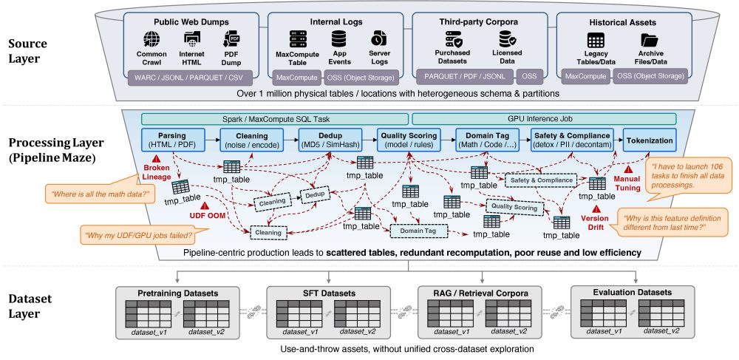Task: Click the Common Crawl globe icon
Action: (x=151, y=38)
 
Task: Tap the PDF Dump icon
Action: (x=231, y=38)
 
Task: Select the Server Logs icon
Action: (x=379, y=38)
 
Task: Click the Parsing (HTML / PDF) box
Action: (x=173, y=140)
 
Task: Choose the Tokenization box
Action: (x=648, y=140)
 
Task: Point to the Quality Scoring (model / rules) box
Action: (x=408, y=140)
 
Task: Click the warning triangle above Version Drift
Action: (x=596, y=209)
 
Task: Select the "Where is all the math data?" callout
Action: (x=100, y=192)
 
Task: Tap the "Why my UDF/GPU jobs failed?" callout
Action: (x=138, y=234)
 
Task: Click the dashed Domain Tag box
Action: (x=418, y=231)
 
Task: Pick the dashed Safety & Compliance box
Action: (x=541, y=180)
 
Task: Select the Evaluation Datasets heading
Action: (x=632, y=293)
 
